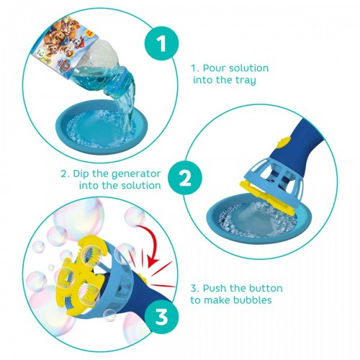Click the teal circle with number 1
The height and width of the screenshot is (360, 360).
coord(161,43)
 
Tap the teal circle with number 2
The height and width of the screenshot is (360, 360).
coord(185,179)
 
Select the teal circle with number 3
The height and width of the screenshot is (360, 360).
coord(161,316)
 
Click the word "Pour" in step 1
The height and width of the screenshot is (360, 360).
coord(214,68)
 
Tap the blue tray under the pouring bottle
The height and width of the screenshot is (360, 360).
coord(102,127)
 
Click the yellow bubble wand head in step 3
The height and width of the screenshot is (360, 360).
coord(79,276)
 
